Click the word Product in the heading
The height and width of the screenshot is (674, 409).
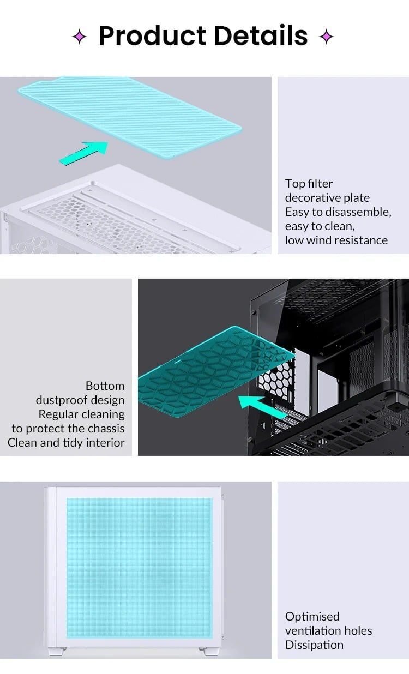153,36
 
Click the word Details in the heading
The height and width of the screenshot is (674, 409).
261,35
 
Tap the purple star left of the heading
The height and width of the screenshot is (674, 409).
80,37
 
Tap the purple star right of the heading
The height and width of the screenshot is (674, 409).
326,37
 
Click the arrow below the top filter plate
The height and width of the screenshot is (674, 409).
83,153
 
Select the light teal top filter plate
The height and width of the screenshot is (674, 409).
129,117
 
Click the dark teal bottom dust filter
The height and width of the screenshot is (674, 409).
216,371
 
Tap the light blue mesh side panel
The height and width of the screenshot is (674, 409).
140,568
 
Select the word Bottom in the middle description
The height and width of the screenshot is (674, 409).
105,386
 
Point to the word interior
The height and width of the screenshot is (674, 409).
105,443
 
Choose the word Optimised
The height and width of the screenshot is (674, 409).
312,617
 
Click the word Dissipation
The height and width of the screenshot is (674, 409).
314,645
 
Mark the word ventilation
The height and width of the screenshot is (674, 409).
311,631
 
